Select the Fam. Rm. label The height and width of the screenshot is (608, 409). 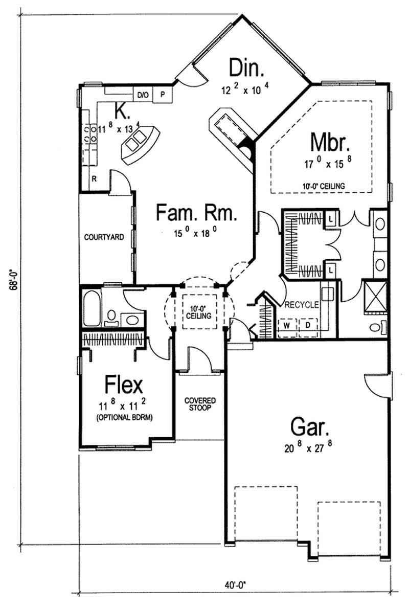point(196,212)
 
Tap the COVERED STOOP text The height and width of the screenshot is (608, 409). point(200,404)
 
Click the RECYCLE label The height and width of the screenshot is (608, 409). point(302,305)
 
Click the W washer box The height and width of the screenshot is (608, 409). point(287,325)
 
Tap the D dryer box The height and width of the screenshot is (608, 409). point(308,325)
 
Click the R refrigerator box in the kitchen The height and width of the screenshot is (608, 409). point(95,179)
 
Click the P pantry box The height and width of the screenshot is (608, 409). point(163,95)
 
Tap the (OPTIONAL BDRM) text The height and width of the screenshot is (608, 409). point(125,417)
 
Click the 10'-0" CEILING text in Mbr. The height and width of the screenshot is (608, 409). point(324,185)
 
